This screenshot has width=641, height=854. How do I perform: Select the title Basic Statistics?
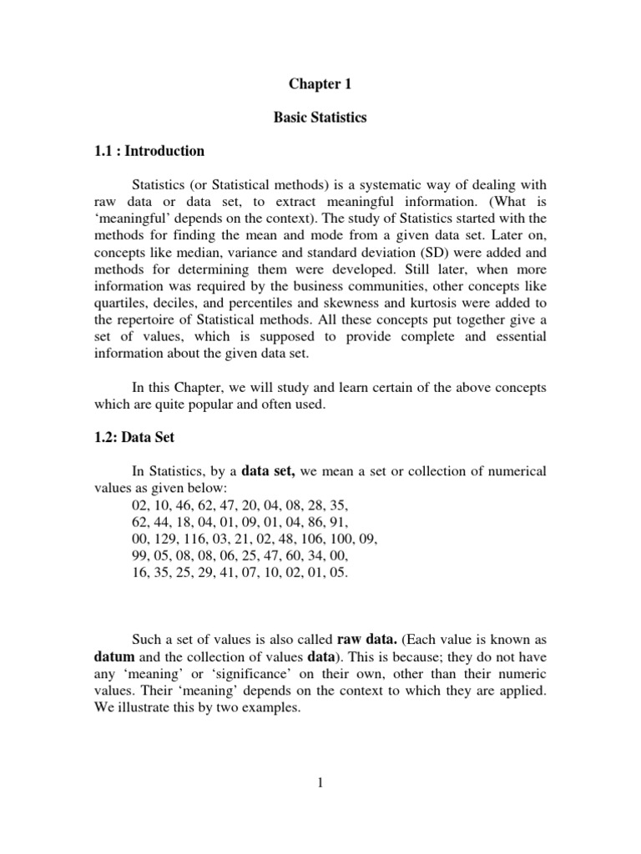click(320, 118)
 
